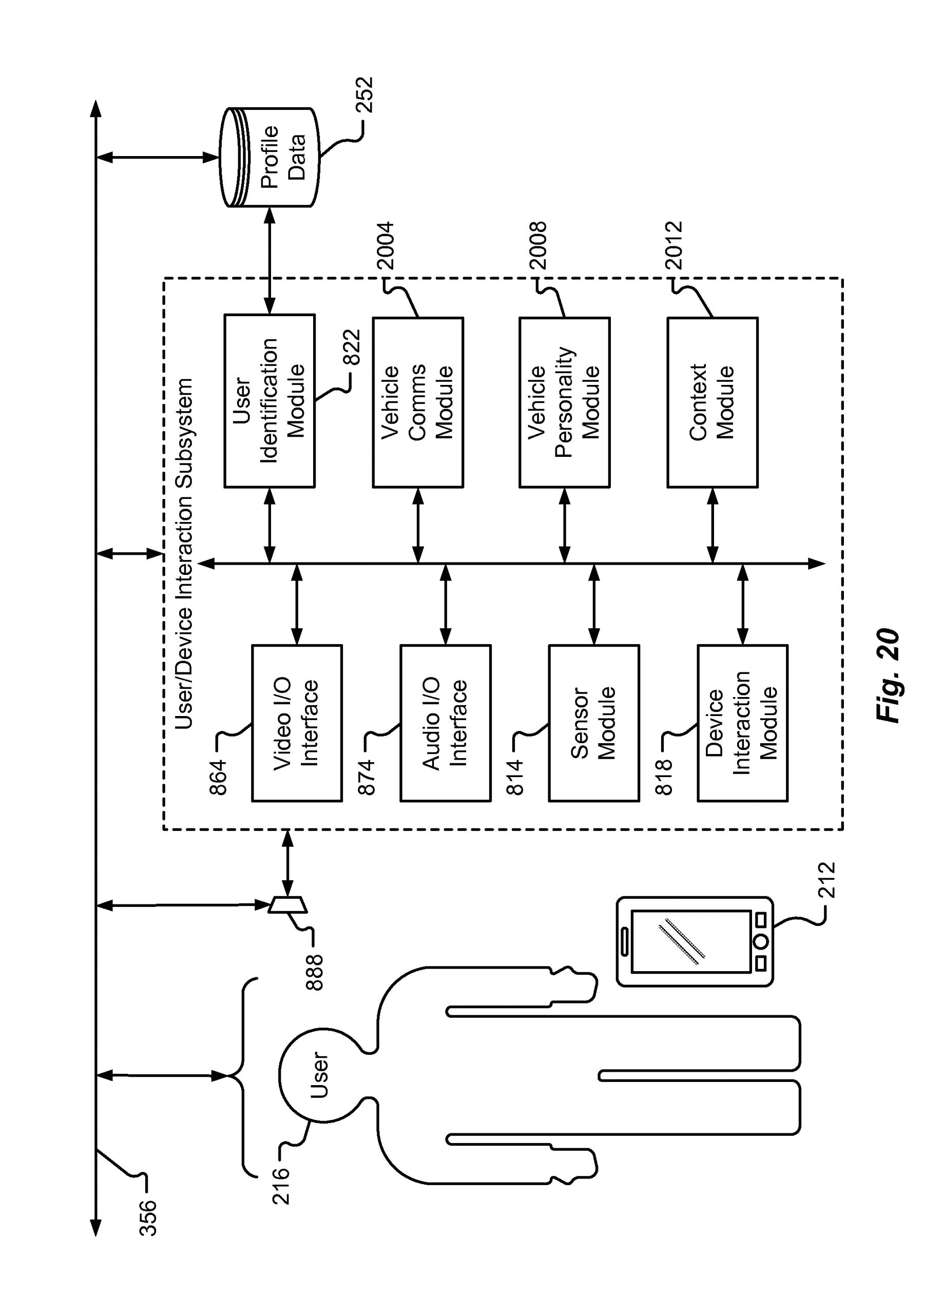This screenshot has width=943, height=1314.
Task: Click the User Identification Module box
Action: (x=269, y=400)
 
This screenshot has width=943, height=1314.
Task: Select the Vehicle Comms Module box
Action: (x=417, y=402)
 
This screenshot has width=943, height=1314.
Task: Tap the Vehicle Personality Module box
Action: (x=564, y=402)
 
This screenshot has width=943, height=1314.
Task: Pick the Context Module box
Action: (x=712, y=402)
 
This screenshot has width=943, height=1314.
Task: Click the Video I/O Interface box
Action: (x=296, y=723)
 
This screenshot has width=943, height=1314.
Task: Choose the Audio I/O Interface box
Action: (x=445, y=723)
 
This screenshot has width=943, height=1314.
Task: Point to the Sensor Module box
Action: (x=593, y=723)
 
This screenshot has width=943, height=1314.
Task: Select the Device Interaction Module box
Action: (x=742, y=723)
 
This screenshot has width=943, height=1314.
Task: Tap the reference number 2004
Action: (x=385, y=246)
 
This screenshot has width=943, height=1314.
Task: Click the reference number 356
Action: (x=148, y=1217)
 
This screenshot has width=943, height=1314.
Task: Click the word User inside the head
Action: (x=319, y=1075)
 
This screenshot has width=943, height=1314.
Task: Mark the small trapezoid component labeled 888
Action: (x=288, y=904)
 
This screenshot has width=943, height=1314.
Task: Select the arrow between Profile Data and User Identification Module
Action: (x=270, y=261)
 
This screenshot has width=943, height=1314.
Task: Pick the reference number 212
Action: (x=825, y=880)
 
